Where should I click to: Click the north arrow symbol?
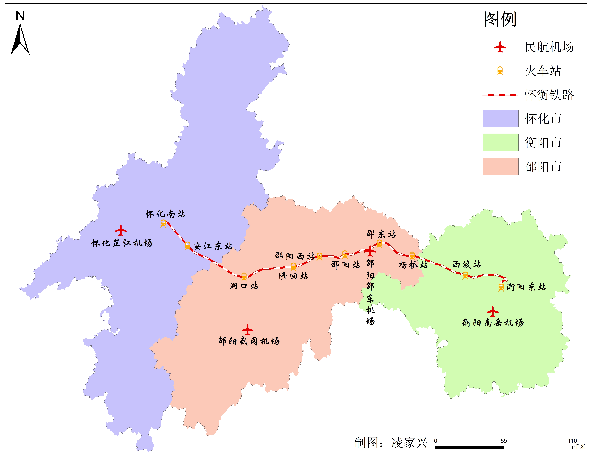pyautogui.click(x=20, y=39)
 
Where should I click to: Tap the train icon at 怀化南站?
pyautogui.click(x=163, y=223)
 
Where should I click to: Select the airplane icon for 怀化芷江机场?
pyautogui.click(x=121, y=230)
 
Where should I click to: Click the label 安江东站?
pyautogui.click(x=212, y=246)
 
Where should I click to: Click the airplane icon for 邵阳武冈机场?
pyautogui.click(x=247, y=330)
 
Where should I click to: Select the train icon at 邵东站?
pyautogui.click(x=379, y=243)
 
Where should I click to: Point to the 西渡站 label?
pyautogui.click(x=466, y=264)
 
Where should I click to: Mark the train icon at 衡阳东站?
pyautogui.click(x=501, y=287)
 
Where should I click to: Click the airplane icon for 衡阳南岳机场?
pyautogui.click(x=493, y=311)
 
